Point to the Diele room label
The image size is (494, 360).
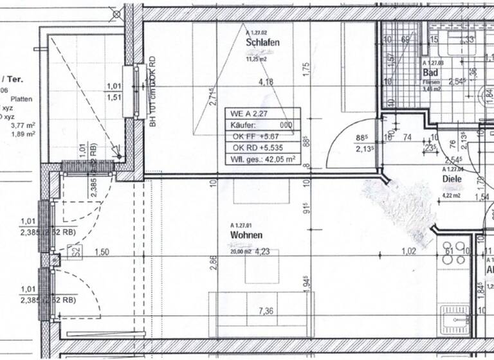click(x=452, y=179)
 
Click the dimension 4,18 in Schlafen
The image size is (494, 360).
click(x=266, y=82)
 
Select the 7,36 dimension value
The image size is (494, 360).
click(x=266, y=312)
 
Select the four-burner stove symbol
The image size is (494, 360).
click(x=453, y=255)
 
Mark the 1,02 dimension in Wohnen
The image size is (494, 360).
click(x=408, y=251)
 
